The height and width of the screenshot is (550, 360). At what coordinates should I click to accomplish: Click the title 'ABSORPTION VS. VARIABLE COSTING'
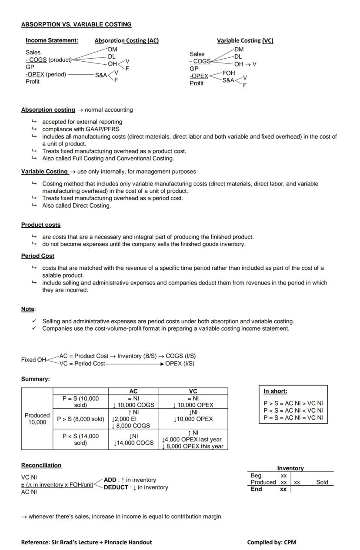76,24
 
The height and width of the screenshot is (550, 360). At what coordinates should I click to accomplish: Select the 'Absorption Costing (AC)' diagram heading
127,40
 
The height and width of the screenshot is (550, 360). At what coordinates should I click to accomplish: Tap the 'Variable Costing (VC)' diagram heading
245,40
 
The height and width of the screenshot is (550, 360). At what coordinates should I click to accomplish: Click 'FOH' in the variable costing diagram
228,73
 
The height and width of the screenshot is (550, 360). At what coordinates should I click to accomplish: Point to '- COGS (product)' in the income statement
48,60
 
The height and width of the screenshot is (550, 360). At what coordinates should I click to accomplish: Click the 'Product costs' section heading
41,225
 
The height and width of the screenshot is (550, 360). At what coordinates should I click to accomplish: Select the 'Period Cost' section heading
38,256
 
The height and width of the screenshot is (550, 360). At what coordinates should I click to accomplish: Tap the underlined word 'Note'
28,309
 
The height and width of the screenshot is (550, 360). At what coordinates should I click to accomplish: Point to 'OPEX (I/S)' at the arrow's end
180,364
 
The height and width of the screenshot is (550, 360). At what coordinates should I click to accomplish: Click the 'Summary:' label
35,379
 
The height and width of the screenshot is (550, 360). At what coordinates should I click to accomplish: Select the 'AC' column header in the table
133,391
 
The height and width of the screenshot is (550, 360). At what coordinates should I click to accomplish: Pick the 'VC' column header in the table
193,391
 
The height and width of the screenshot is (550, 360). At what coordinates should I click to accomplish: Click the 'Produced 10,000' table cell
37,419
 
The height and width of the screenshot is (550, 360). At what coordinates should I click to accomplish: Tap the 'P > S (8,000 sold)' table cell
80,419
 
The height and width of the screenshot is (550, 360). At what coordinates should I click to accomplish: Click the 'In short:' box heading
275,391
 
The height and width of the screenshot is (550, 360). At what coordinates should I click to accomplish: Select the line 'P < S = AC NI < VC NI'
293,411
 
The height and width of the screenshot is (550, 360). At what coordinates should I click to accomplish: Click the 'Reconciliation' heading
41,465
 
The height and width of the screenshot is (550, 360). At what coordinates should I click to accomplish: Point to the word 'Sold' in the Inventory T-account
322,482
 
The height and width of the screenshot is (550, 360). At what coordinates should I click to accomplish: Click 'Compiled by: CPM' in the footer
272,542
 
